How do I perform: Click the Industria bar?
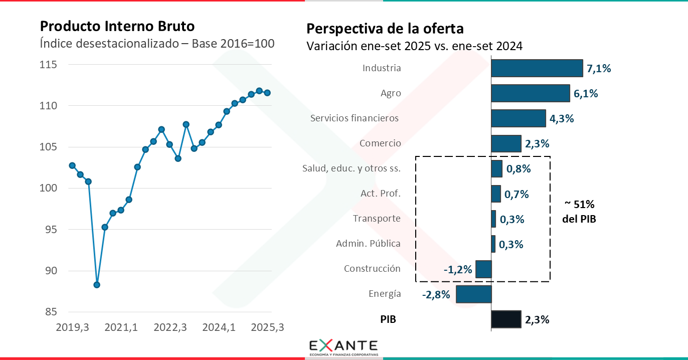point(537,68)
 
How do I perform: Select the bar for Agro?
point(531,93)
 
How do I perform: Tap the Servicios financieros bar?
point(518,118)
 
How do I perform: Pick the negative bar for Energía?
point(474,294)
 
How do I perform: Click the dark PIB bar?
point(506,319)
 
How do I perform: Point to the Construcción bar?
point(483,269)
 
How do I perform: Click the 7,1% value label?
point(599,69)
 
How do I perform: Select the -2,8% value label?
point(436,295)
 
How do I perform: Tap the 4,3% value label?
point(562,119)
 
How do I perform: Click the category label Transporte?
point(377,219)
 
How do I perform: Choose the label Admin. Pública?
point(368,244)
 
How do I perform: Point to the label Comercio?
point(380,143)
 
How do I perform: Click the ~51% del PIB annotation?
point(579,212)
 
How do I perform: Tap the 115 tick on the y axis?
point(49,65)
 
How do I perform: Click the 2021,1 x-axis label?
point(121,327)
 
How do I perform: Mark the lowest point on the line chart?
point(97,285)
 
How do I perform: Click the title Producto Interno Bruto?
point(117,26)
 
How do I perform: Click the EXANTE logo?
point(343,347)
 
